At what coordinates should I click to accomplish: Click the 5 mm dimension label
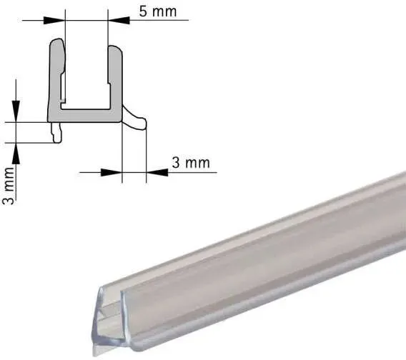158,11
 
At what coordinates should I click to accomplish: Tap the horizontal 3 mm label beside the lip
191,163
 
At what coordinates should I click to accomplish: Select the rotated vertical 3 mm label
9,186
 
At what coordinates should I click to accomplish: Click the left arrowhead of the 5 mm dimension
54,21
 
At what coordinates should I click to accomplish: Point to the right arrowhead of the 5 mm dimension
119,20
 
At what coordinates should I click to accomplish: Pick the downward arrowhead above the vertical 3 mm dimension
16,111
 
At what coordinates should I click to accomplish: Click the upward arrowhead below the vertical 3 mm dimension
16,153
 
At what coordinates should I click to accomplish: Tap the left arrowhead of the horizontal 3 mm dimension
111,172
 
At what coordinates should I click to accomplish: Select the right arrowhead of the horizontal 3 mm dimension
157,172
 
